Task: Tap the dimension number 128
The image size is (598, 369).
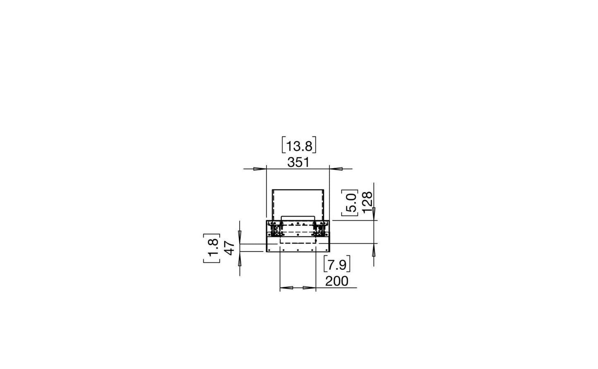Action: pos(367,202)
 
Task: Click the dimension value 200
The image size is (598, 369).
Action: pos(336,281)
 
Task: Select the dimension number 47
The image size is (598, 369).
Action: pos(229,248)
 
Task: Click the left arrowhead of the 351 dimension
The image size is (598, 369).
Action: pos(259,169)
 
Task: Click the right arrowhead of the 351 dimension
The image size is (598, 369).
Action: pos(336,169)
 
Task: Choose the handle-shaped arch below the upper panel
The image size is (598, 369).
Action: pos(298,218)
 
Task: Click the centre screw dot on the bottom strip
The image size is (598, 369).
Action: pos(298,250)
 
